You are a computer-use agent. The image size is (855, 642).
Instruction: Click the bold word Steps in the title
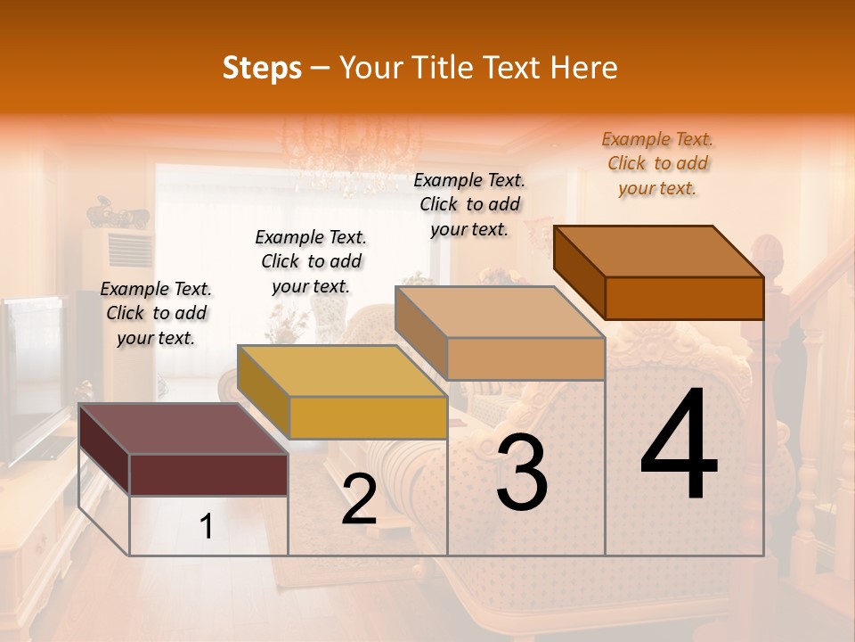click(x=262, y=68)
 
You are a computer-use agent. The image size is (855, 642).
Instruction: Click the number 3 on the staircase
click(x=522, y=473)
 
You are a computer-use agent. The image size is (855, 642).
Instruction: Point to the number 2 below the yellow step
click(x=359, y=499)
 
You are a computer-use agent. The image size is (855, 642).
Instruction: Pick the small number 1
click(x=207, y=527)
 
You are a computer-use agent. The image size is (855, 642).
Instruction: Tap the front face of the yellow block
click(x=368, y=417)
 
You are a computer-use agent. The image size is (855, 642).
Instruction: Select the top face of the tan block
click(x=500, y=313)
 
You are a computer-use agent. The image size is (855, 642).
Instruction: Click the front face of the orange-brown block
click(x=684, y=298)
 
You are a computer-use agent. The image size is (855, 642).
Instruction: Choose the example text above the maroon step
click(x=156, y=313)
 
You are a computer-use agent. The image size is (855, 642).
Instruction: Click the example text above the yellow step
click(x=311, y=261)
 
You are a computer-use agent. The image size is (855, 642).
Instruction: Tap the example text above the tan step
click(x=469, y=204)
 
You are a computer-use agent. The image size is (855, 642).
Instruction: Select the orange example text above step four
click(x=657, y=163)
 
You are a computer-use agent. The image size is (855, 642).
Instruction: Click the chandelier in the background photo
click(x=352, y=152)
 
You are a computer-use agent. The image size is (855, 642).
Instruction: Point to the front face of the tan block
click(x=525, y=358)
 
